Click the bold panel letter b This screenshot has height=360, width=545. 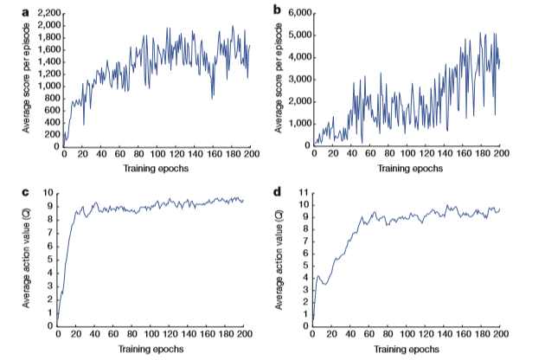pyautogui.click(x=277, y=11)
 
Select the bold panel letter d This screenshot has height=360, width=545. pyautogui.click(x=277, y=191)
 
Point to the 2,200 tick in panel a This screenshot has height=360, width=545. pyautogui.click(x=45, y=14)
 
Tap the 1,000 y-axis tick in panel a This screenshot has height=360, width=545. pyautogui.click(x=45, y=86)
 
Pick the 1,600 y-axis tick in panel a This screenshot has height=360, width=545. pyautogui.click(x=45, y=49)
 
